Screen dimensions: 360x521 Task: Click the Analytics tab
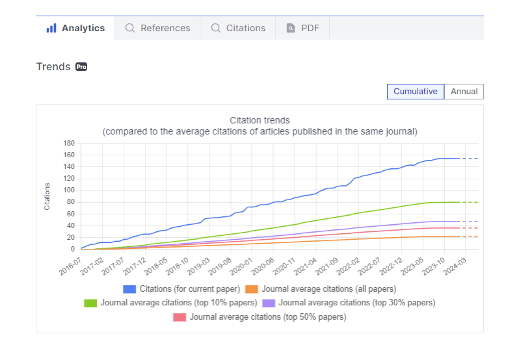point(75,28)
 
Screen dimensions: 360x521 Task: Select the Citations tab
point(238,28)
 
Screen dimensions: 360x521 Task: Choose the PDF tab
point(302,28)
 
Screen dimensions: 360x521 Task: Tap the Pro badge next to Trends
point(81,67)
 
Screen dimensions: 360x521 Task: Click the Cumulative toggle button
point(416,92)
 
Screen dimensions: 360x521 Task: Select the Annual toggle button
point(464,92)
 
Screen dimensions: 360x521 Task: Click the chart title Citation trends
point(260,120)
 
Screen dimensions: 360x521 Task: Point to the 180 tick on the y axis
point(69,143)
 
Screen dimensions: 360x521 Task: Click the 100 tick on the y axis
point(69,190)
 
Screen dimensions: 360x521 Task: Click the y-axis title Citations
point(47,196)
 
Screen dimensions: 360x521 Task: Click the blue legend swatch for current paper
point(129,289)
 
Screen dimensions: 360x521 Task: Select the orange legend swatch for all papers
point(252,289)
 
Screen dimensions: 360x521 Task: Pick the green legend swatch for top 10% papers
point(90,303)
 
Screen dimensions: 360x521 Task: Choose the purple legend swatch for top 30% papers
point(269,303)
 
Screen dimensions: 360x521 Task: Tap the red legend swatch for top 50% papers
point(180,317)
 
